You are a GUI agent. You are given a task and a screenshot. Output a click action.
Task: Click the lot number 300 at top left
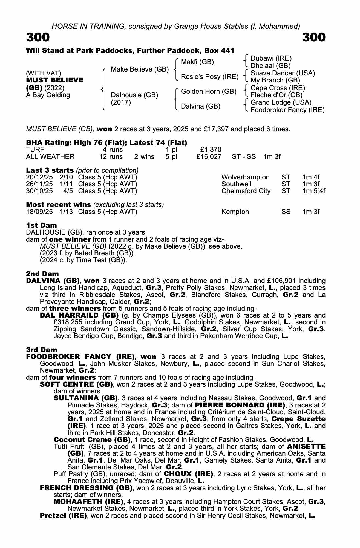point(38,37)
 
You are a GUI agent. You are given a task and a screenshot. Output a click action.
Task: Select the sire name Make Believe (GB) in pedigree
point(140,69)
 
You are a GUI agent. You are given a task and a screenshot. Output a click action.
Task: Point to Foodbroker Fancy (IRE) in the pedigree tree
point(287,110)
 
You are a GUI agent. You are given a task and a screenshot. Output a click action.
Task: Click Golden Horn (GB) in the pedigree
point(209,92)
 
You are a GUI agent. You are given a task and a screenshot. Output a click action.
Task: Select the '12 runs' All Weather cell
point(111,157)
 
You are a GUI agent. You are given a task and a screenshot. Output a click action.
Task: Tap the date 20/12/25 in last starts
point(39,177)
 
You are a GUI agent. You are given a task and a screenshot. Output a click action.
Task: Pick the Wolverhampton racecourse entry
point(245,177)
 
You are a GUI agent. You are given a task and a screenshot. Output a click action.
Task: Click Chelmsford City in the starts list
point(246,191)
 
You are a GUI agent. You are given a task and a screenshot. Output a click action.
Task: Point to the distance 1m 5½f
point(314,191)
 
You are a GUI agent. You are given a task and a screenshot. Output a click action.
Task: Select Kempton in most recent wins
point(235,212)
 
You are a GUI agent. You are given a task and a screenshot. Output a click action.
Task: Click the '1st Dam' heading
point(41,225)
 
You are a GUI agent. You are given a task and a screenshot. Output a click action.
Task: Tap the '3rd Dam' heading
point(42,350)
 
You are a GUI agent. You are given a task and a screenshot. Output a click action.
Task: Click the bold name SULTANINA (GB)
point(86,398)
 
